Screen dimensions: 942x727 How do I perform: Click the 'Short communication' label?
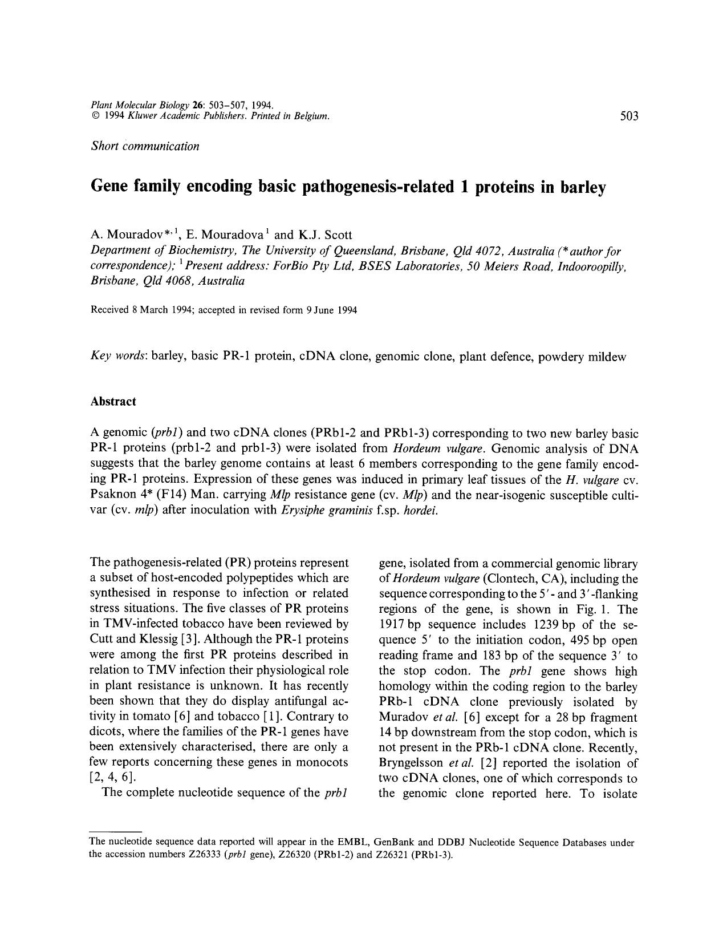145,146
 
